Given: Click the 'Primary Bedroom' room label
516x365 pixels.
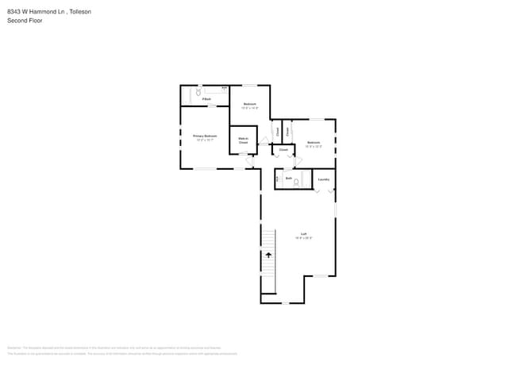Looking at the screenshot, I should tap(206, 136).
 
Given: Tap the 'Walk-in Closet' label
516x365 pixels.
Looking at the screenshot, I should tap(244, 140).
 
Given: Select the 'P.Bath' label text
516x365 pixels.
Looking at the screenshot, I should tap(206, 99).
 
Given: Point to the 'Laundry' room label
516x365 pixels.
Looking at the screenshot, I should tap(323, 179).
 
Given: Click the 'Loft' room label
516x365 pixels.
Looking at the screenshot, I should tap(303, 234).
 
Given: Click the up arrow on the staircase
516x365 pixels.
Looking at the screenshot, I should tap(268, 255).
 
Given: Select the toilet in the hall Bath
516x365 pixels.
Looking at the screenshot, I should tap(296, 182).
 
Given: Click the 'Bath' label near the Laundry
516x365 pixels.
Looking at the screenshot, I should tap(288, 179).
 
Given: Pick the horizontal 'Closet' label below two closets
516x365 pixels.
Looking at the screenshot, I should tap(283, 149).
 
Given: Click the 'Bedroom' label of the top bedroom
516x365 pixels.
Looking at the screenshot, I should tap(249, 104).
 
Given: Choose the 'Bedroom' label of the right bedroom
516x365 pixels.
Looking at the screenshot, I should tap(314, 143).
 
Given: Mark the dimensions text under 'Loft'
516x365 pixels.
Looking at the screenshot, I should tap(303, 238).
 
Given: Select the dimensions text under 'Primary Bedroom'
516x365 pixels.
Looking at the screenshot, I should tap(206, 140).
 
